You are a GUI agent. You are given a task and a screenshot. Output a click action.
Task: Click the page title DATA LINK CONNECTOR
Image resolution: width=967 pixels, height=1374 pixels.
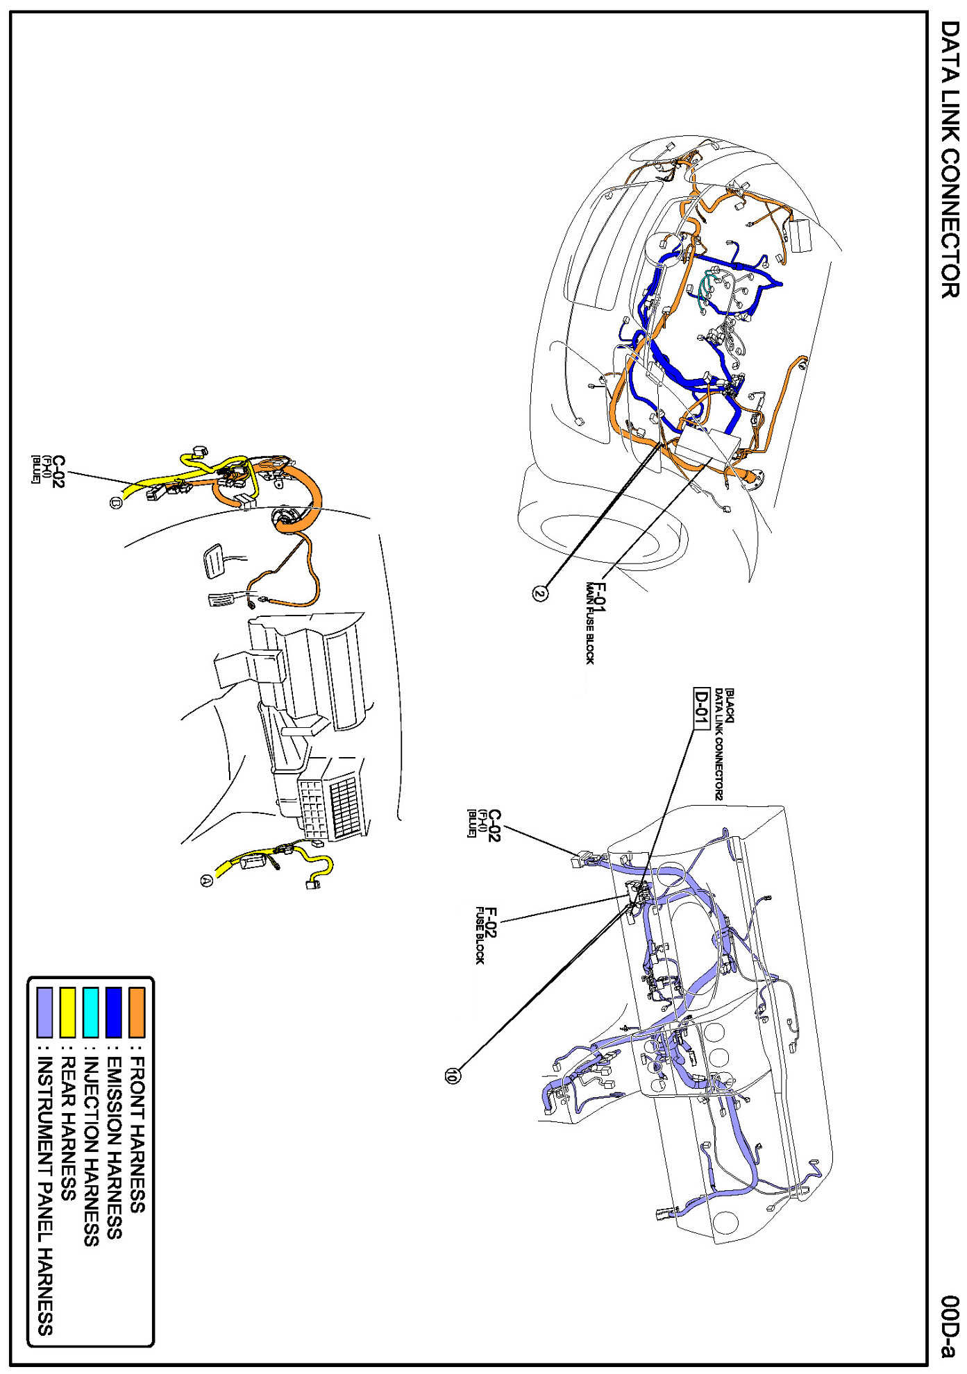tap(950, 159)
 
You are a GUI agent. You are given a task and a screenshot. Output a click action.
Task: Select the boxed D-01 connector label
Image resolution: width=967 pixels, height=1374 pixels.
tap(702, 709)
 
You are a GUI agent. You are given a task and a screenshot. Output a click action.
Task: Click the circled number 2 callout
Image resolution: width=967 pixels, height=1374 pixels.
tap(540, 593)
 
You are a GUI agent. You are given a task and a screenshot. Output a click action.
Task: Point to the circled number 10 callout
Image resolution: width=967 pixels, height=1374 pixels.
tap(452, 1076)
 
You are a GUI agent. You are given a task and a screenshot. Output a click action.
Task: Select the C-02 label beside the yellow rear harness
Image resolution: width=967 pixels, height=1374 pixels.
tap(58, 471)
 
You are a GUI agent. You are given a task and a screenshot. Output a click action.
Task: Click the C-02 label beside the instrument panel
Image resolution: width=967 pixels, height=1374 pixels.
tap(494, 825)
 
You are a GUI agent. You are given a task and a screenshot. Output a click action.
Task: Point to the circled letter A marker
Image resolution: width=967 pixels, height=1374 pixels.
tap(206, 881)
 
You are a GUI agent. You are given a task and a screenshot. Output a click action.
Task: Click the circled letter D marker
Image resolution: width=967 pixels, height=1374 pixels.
tap(115, 502)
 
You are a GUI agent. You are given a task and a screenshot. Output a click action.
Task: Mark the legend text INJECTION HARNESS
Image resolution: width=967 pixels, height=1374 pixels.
tap(91, 1151)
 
